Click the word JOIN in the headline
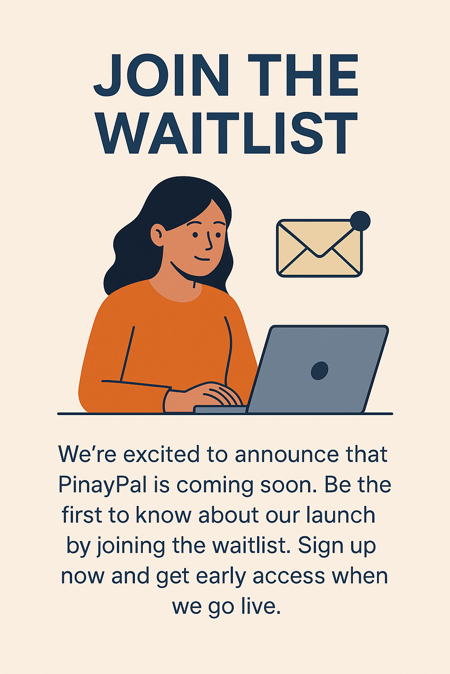click(161, 75)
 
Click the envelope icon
click(319, 248)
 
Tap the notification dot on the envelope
click(360, 221)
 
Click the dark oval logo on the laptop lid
click(319, 371)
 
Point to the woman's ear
click(157, 235)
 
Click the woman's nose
click(209, 242)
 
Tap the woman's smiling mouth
click(202, 259)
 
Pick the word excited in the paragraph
click(161, 454)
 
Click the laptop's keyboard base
click(220, 409)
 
